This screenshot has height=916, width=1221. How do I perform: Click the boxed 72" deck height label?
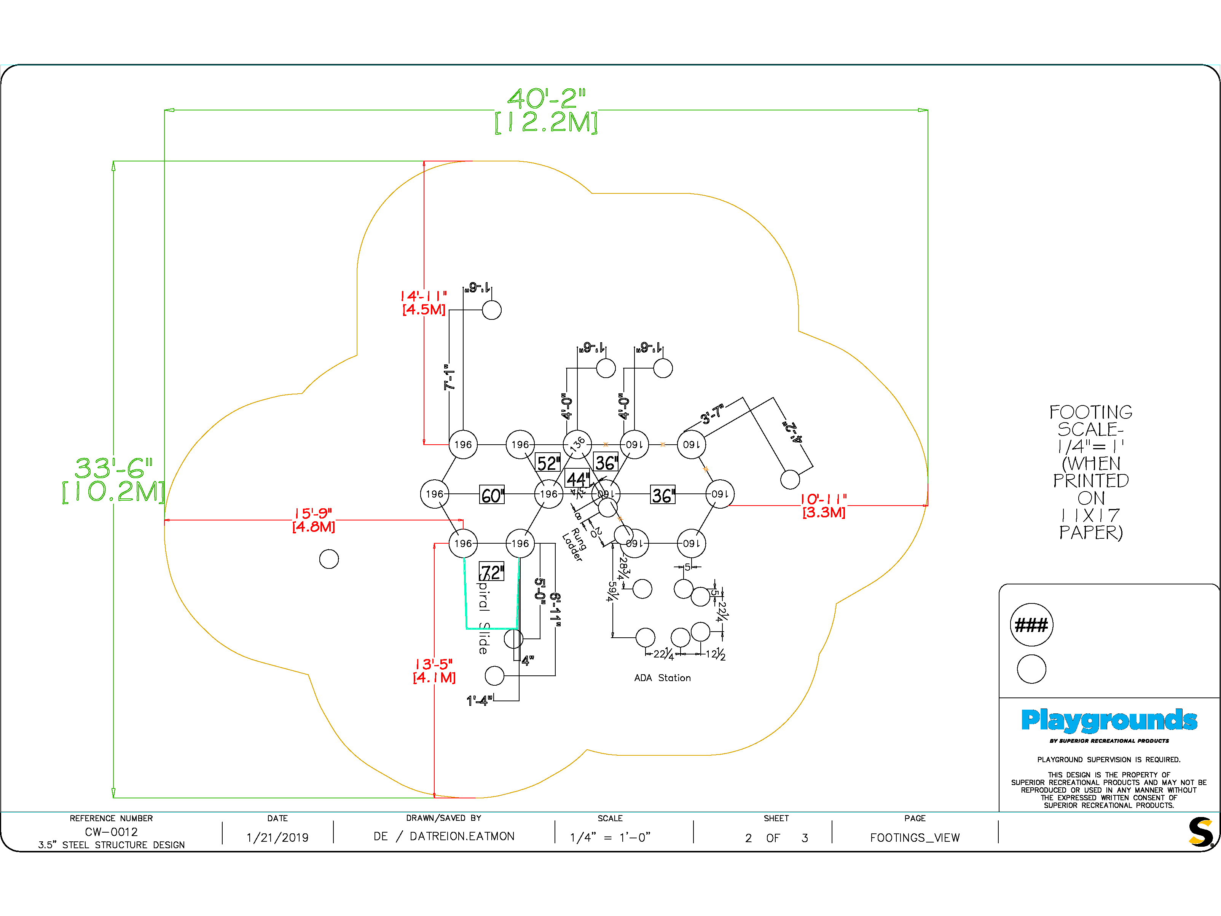491,572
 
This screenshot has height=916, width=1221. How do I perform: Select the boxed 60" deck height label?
491,495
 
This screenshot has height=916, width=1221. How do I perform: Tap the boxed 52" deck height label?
548,463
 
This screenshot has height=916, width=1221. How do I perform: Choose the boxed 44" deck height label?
577,478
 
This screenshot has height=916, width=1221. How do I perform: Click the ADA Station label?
662,678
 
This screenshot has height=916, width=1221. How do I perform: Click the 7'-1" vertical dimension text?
450,377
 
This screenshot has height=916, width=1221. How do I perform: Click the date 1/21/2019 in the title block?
277,838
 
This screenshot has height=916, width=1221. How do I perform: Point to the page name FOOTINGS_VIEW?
915,838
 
